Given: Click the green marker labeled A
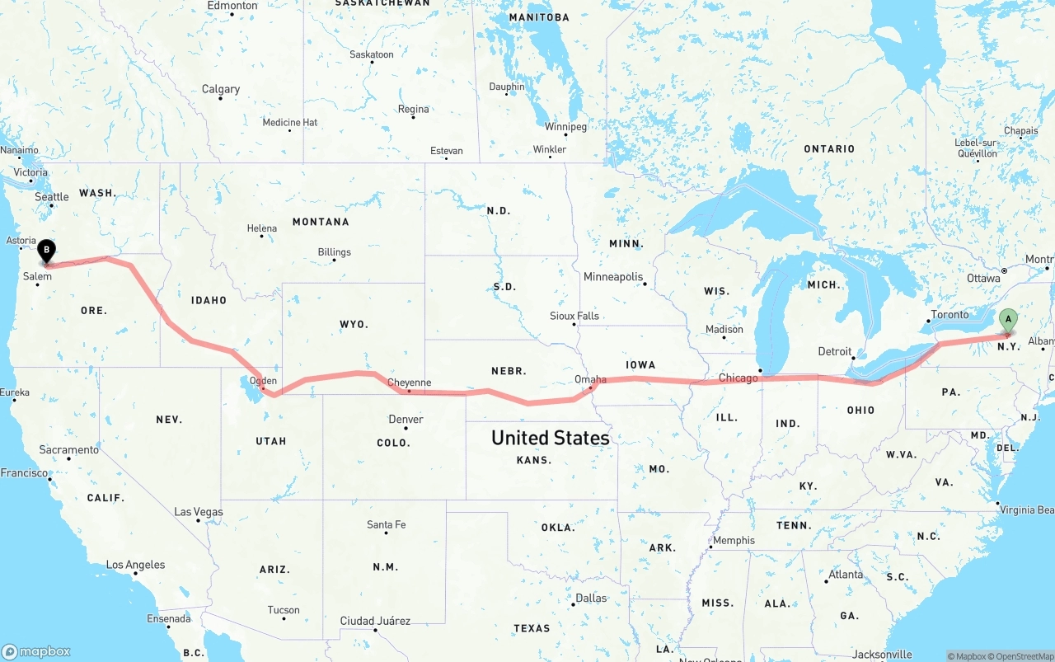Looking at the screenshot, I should (x=1007, y=320).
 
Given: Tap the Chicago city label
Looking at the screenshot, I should (x=738, y=378).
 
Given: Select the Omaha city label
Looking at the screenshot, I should (x=590, y=380).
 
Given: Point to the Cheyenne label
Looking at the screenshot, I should (x=409, y=383).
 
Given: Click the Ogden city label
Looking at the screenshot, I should (x=263, y=381).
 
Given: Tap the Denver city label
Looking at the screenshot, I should (x=406, y=420).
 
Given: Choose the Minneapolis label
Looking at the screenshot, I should (x=612, y=277).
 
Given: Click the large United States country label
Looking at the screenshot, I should (x=550, y=438).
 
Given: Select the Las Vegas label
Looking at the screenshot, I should (x=198, y=512).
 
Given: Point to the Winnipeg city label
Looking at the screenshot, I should (x=565, y=127).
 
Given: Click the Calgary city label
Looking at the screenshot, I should (x=221, y=89).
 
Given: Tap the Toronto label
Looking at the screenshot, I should (x=949, y=316).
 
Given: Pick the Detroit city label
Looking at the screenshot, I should (x=834, y=352).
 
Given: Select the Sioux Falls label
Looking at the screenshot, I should (x=574, y=316).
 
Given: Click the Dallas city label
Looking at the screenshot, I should (x=591, y=599).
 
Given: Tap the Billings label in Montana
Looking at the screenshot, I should (x=334, y=252).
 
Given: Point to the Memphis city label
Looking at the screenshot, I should (x=734, y=541).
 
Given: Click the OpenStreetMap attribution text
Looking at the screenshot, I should (x=1023, y=656).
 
